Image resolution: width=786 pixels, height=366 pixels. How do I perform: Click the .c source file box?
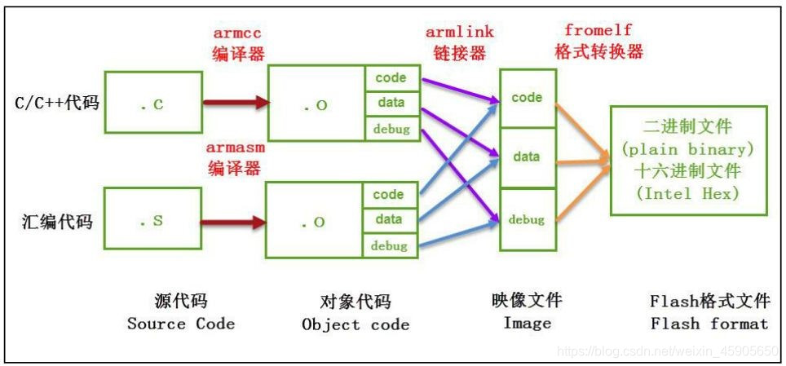click(x=153, y=104)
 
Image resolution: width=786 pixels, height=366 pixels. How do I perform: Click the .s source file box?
click(x=153, y=220)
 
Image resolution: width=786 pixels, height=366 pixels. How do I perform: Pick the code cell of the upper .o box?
click(x=389, y=77)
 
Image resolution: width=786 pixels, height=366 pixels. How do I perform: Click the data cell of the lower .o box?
click(x=389, y=218)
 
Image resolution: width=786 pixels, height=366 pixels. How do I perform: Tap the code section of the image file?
click(x=527, y=98)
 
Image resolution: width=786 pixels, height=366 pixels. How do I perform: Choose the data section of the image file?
click(x=527, y=157)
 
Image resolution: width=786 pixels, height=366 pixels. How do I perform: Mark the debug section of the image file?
click(x=527, y=219)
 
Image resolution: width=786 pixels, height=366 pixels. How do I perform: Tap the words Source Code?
click(x=181, y=324)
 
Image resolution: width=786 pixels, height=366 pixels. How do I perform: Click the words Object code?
click(x=355, y=324)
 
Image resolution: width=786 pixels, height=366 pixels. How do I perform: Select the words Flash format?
click(x=709, y=324)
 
